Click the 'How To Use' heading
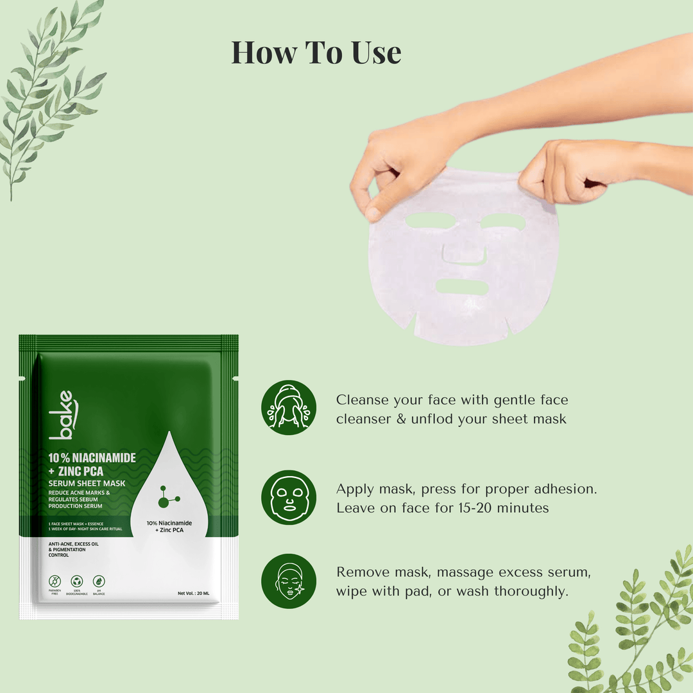(316, 53)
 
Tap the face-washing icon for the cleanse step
(289, 407)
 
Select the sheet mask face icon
(289, 497)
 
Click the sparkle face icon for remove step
(289, 581)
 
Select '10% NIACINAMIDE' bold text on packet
(92, 458)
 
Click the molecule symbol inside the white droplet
(169, 497)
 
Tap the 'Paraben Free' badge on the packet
(56, 585)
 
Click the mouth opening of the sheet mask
(461, 287)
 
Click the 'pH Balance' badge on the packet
(98, 585)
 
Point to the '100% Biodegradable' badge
(77, 585)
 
